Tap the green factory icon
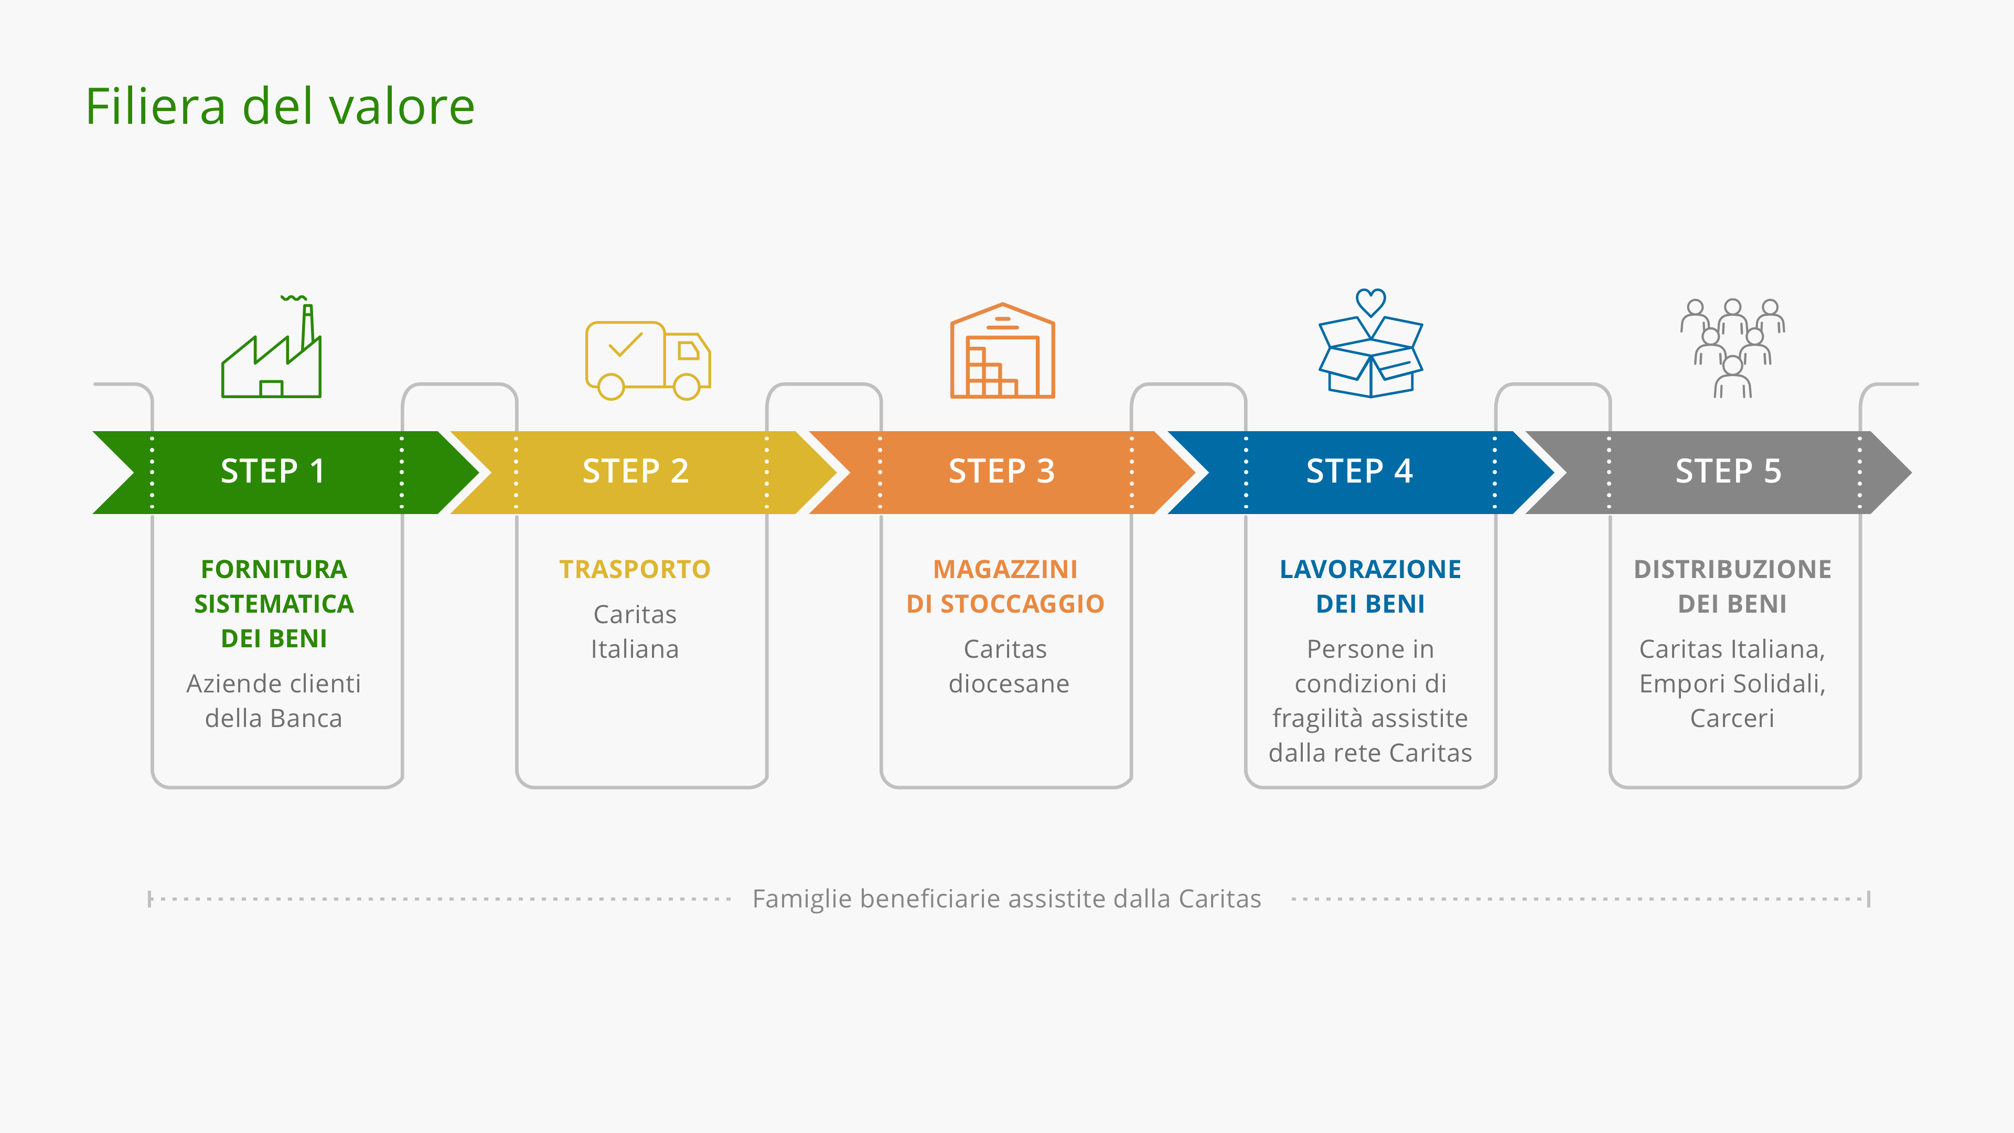pos(271,347)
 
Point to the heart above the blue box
pos(1370,302)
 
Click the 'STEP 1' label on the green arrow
pos(272,472)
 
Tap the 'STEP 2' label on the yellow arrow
pos(636,472)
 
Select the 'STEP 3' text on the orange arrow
pos(1002,472)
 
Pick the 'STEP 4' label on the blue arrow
pos(1359,472)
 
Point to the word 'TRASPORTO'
pos(635,569)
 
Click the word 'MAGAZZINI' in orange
pos(1005,569)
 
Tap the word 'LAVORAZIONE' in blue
pos(1370,569)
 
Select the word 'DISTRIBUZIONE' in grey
pos(1732,569)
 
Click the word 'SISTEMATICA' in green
pos(274,604)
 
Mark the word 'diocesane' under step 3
pos(1009,683)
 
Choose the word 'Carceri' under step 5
pos(1732,718)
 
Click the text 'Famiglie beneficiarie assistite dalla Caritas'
pos(1007,899)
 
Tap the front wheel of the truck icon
pos(687,386)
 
